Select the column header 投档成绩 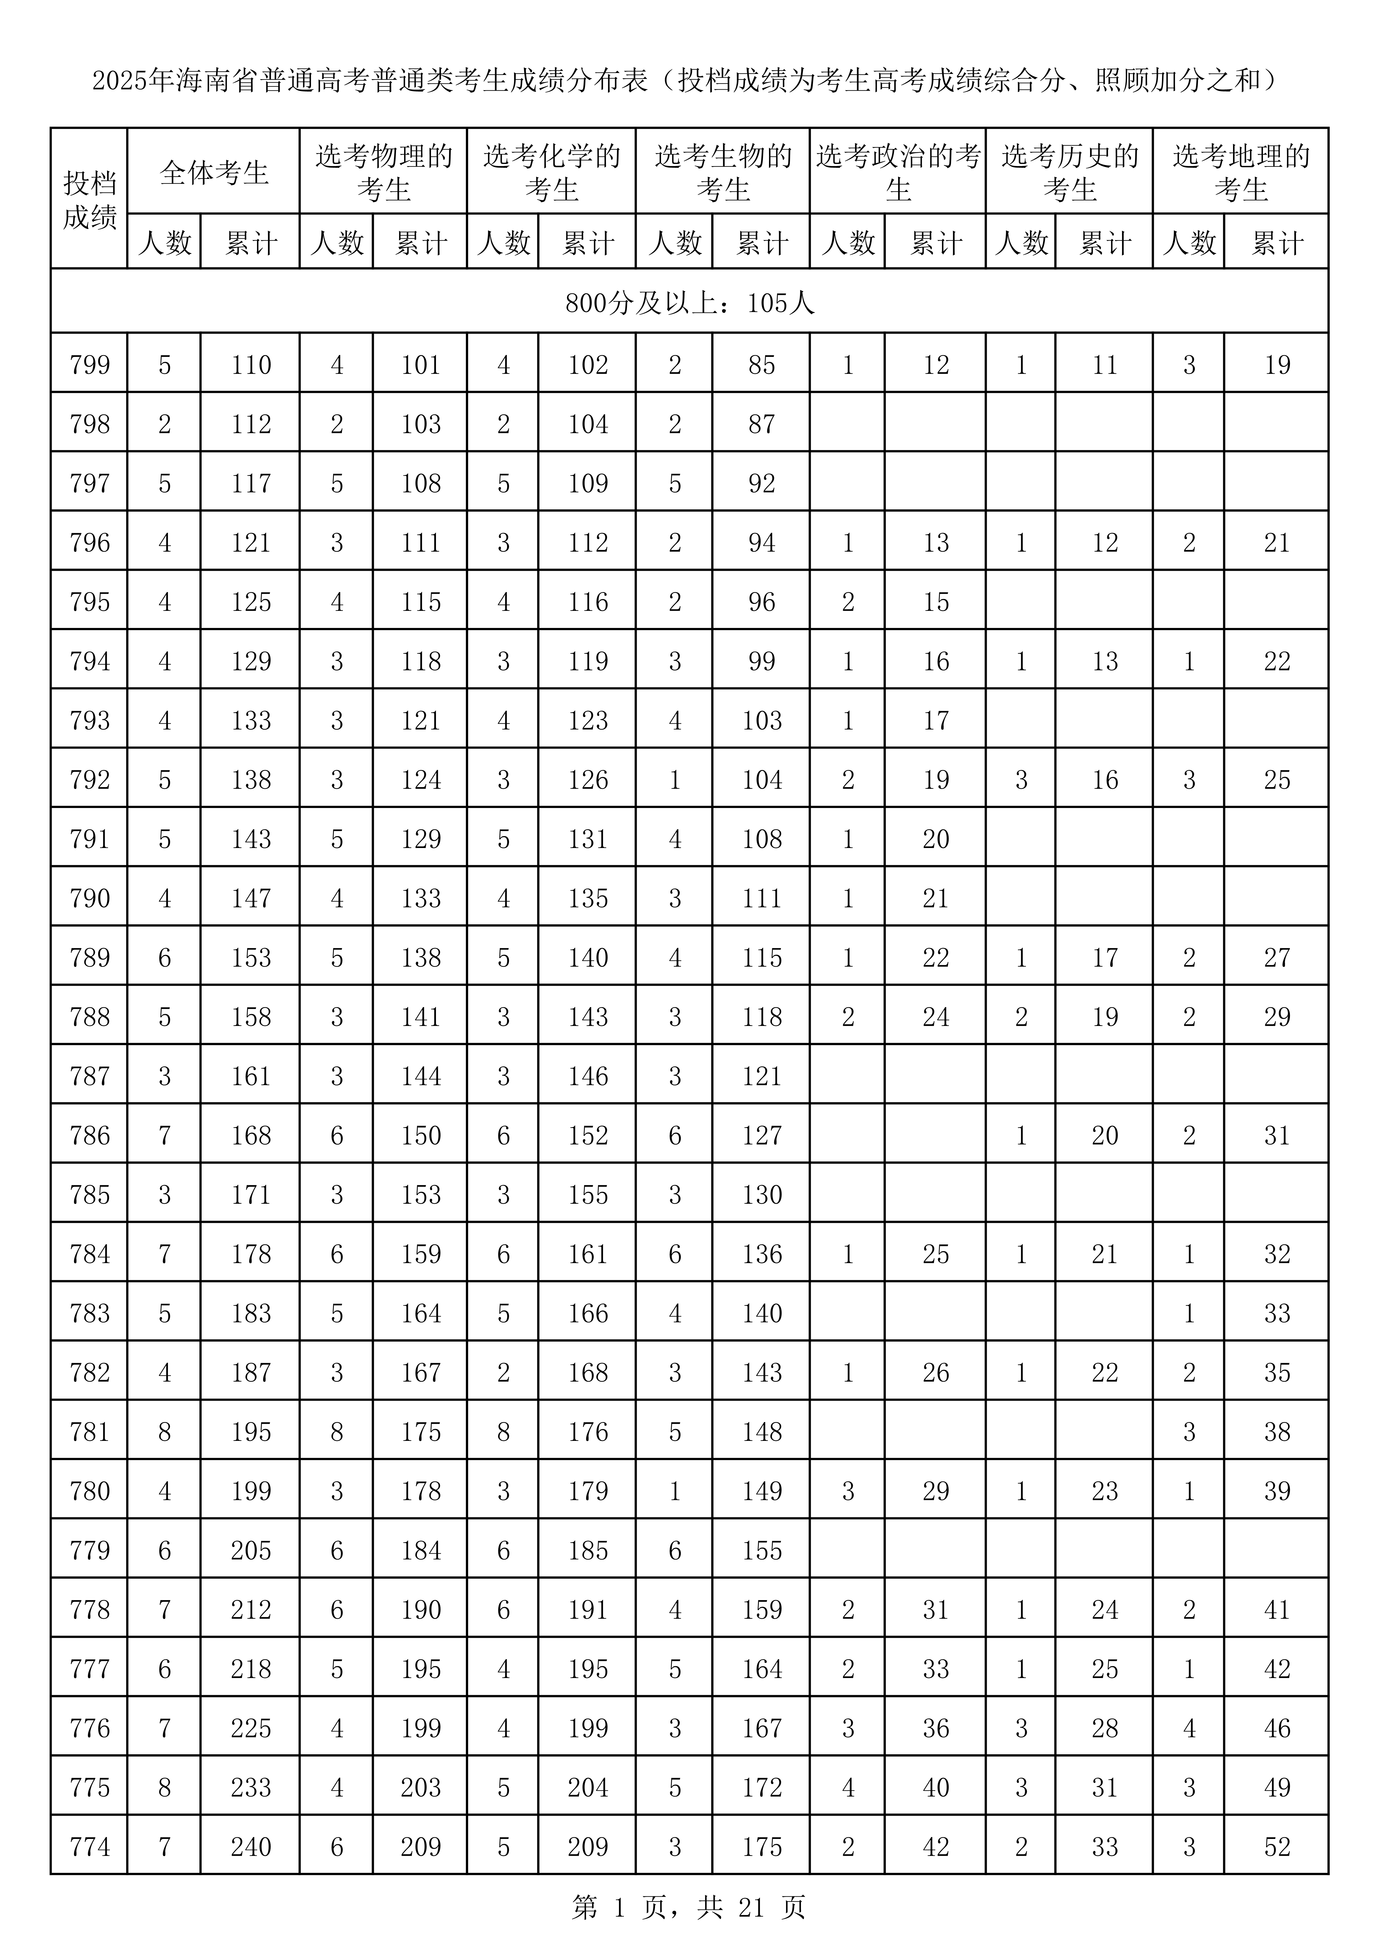(x=89, y=200)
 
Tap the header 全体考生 (x=213, y=172)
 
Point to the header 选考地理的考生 (x=1241, y=172)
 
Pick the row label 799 (x=89, y=365)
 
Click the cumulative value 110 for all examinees (x=251, y=365)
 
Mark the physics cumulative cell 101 (x=421, y=365)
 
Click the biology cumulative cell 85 (x=761, y=365)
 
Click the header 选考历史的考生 (x=1069, y=172)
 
